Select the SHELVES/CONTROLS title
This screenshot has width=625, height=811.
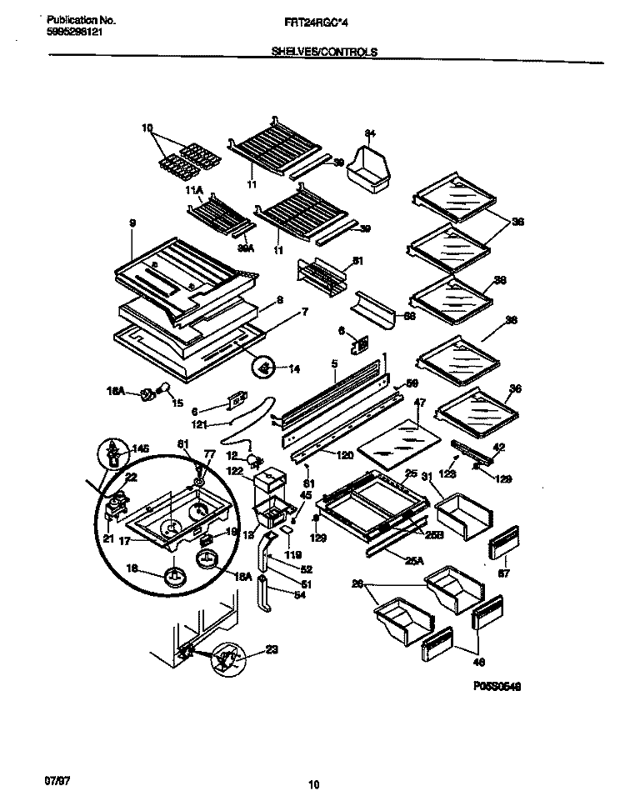click(x=324, y=51)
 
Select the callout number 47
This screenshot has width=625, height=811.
click(x=419, y=403)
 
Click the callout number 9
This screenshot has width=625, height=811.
click(x=132, y=224)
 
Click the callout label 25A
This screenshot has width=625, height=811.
click(x=414, y=561)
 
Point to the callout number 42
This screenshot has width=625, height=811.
click(x=499, y=447)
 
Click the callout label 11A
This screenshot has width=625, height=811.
click(x=193, y=191)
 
